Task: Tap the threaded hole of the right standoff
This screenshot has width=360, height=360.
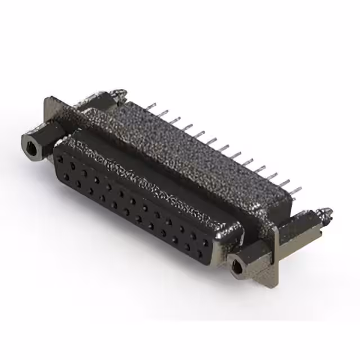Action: [x=237, y=264]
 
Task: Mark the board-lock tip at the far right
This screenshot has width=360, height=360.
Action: [x=326, y=213]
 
